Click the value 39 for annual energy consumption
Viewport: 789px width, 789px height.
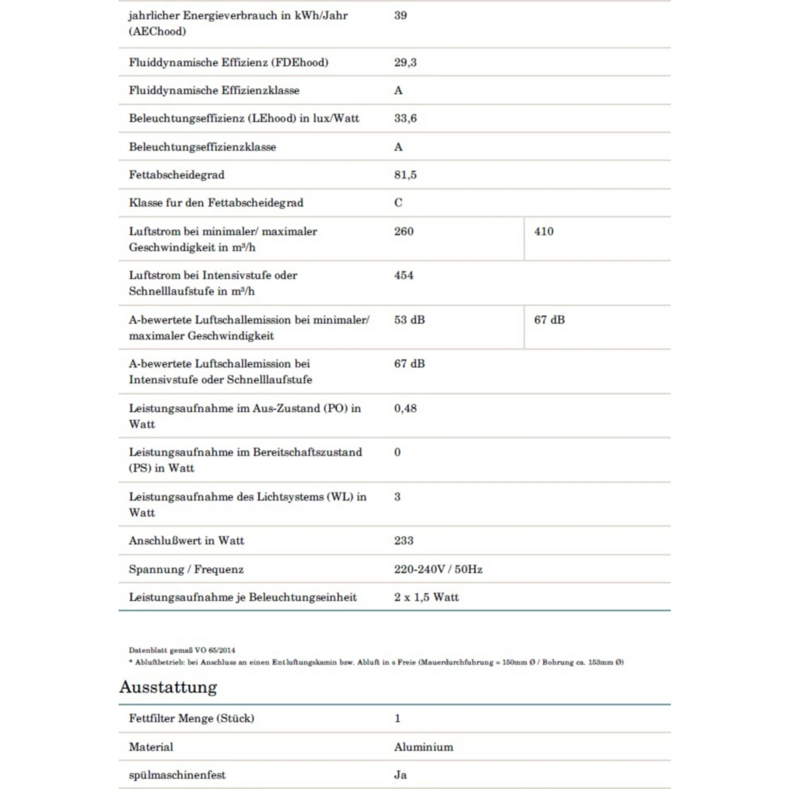(400, 15)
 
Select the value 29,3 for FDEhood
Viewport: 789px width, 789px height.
(405, 62)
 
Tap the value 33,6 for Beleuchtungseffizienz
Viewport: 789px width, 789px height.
(405, 118)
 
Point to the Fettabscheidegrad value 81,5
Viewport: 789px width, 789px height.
(405, 175)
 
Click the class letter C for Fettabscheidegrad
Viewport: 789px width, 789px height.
(398, 203)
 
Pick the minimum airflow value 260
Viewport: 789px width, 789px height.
(404, 231)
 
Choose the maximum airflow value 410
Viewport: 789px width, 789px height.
(544, 231)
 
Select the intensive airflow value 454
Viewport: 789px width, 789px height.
(404, 275)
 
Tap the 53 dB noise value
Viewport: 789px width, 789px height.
(409, 320)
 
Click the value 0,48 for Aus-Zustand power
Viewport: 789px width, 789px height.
(405, 408)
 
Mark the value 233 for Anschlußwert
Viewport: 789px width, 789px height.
(404, 541)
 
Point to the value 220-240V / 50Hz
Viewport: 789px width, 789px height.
(438, 569)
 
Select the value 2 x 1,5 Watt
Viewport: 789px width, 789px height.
(426, 597)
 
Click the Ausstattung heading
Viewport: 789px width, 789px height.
(168, 687)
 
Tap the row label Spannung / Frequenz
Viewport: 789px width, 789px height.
(186, 569)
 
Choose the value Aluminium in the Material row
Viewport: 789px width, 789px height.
(423, 747)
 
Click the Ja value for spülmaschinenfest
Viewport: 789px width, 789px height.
(400, 775)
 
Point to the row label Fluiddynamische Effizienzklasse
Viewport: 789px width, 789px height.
(214, 90)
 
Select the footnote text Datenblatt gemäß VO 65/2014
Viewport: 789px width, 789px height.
(182, 650)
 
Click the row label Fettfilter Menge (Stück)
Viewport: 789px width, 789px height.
(191, 718)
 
